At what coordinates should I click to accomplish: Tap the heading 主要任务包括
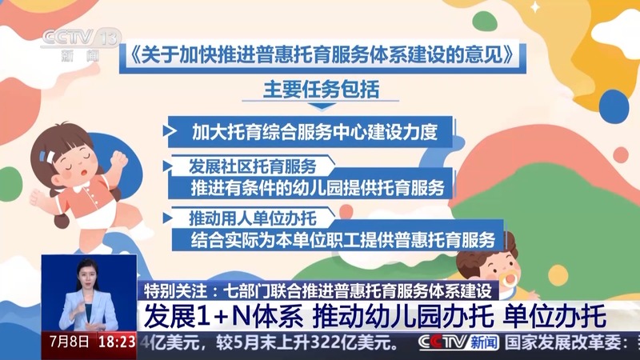322,89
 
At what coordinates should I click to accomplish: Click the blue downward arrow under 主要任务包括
322,106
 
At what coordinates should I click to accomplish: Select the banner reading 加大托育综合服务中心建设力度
310,132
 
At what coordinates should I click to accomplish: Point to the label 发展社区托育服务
252,166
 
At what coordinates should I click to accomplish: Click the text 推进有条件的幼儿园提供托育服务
318,188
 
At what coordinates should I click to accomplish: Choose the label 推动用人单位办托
252,218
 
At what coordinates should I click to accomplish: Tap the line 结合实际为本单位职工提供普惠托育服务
343,239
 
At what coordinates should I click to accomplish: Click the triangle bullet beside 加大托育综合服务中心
170,130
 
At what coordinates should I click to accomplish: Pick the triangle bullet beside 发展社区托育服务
167,166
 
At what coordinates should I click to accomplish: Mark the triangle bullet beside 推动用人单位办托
167,218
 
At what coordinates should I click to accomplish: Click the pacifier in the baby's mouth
508,281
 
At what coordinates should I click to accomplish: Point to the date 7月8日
70,342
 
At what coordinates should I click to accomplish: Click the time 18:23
117,342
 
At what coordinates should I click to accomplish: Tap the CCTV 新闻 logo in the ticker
458,342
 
